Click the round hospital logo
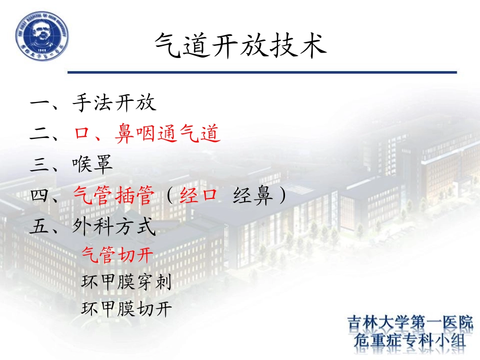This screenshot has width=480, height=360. click(42, 36)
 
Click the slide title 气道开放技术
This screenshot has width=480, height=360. click(240, 45)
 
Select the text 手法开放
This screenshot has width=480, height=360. click(114, 102)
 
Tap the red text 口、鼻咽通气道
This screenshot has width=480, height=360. click(147, 134)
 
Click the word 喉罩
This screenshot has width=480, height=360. click(92, 165)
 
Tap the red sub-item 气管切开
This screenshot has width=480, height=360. click(117, 255)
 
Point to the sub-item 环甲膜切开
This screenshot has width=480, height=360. click(126, 308)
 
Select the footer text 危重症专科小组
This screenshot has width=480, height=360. click(410, 341)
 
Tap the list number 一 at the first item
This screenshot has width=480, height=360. click(40, 104)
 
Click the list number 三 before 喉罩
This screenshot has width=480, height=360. click(40, 165)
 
